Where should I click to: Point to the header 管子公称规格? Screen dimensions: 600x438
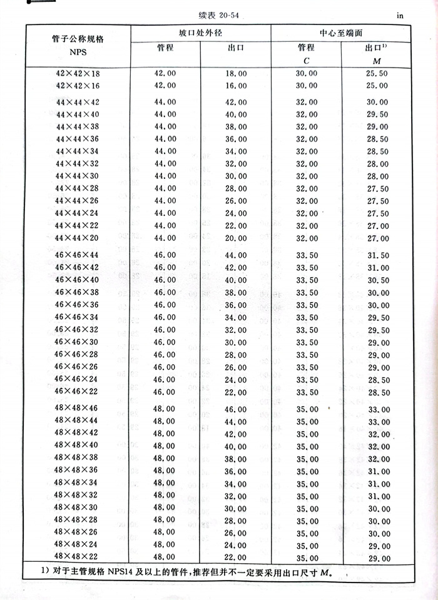click(78, 39)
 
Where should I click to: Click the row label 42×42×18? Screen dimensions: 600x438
click(78, 73)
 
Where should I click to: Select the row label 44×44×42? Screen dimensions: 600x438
click(78, 102)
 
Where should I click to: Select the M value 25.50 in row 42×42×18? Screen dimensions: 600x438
click(377, 73)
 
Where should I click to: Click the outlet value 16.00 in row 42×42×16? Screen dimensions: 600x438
click(236, 86)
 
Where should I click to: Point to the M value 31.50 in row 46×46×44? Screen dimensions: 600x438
click(377, 255)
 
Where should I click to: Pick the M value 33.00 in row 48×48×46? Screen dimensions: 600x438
click(377, 409)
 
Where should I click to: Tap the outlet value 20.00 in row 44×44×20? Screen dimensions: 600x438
click(236, 238)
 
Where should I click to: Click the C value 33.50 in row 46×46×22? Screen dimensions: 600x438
click(307, 392)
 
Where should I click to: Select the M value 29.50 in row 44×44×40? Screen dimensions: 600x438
click(377, 114)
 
